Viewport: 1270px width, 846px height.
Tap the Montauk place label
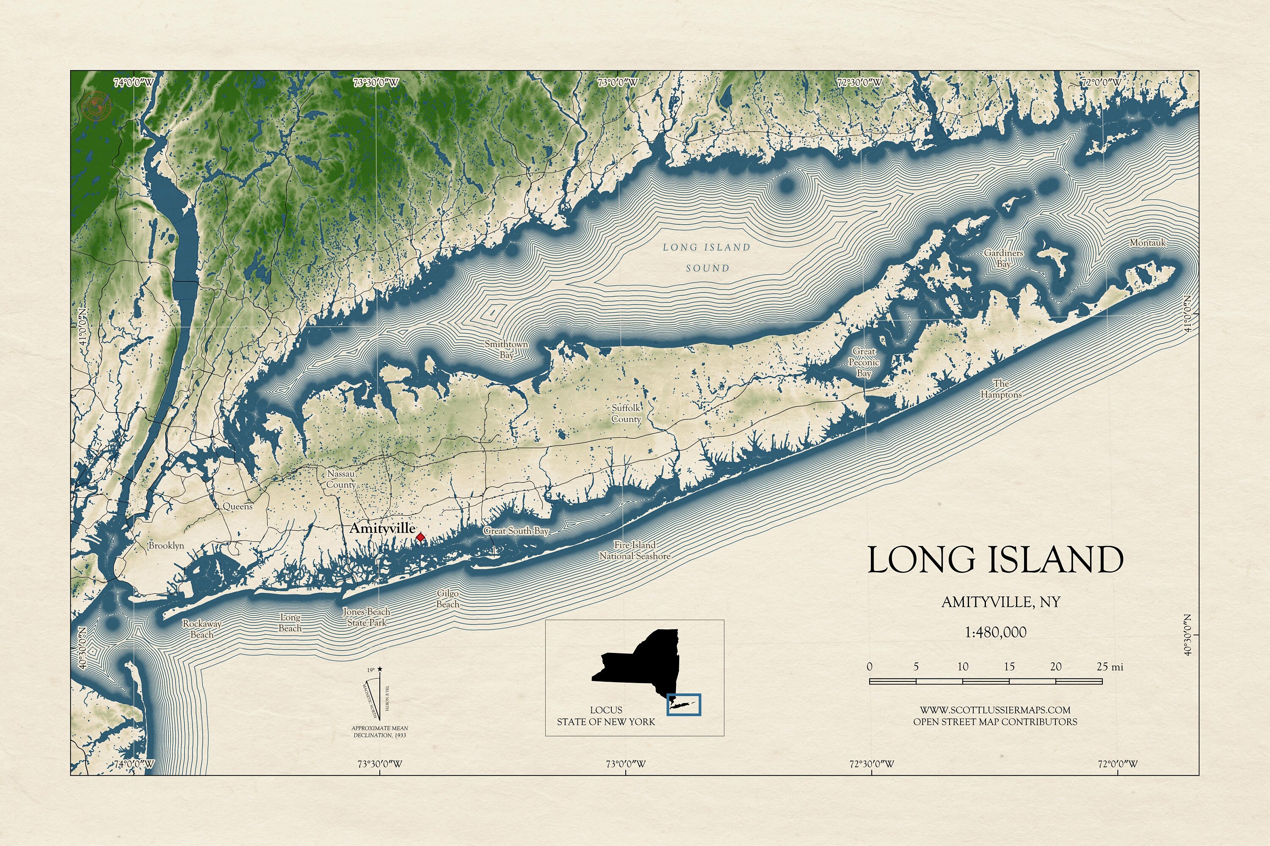(x=1148, y=243)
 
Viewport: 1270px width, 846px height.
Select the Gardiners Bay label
(x=1003, y=259)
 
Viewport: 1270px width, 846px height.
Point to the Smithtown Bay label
(x=506, y=350)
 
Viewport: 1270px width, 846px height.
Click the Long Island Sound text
(x=707, y=257)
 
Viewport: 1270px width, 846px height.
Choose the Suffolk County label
(x=626, y=413)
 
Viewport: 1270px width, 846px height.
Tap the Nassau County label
(x=341, y=479)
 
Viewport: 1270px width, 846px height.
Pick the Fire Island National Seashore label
(x=635, y=550)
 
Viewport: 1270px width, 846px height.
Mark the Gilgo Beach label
(x=447, y=599)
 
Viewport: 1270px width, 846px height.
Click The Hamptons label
(x=1001, y=389)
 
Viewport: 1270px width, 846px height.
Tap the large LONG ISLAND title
(x=995, y=560)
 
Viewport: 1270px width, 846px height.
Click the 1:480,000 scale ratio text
(x=995, y=632)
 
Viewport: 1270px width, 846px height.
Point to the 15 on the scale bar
(x=1009, y=667)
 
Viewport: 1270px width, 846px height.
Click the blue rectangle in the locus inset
(x=684, y=705)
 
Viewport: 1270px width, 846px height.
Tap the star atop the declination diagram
(x=380, y=669)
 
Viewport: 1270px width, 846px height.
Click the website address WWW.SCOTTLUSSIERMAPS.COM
(x=995, y=710)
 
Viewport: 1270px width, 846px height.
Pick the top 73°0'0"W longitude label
(x=617, y=83)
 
